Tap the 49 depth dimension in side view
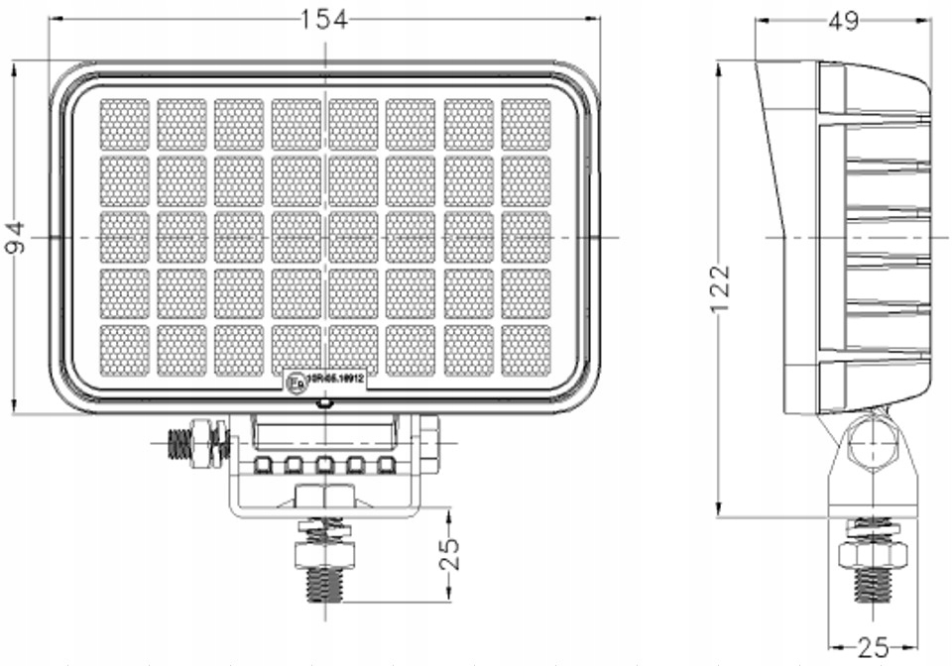click(x=843, y=21)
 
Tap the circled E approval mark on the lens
click(x=295, y=380)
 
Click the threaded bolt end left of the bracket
click(x=179, y=443)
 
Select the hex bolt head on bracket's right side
click(x=428, y=443)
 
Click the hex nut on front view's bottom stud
click(x=324, y=552)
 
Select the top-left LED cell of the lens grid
click(x=124, y=125)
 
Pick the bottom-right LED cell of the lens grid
click(x=526, y=350)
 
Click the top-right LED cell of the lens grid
click(x=526, y=125)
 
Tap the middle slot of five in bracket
click(x=323, y=464)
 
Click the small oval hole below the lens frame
click(x=323, y=403)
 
